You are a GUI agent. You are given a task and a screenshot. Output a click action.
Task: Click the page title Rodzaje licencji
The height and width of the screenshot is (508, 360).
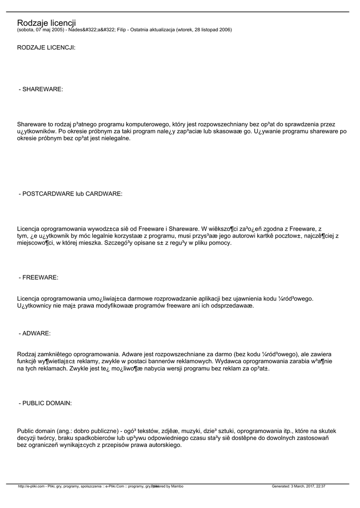[46, 23]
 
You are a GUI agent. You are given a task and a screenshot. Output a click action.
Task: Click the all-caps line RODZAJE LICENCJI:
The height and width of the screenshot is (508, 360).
[46, 48]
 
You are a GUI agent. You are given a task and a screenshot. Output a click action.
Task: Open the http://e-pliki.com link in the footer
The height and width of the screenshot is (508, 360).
[31, 486]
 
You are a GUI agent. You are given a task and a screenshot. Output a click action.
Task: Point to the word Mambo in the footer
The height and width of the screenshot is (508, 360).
[177, 486]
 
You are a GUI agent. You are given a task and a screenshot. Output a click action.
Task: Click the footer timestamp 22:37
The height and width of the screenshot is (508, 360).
[320, 486]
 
